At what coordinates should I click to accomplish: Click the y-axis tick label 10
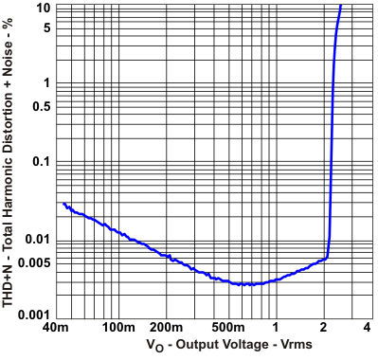(42, 8)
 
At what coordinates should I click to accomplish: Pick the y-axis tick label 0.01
(36, 239)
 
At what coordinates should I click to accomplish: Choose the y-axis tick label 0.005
(32, 262)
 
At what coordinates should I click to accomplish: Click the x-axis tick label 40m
(56, 328)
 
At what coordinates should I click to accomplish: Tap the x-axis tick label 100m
(117, 328)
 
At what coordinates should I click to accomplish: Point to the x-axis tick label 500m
(227, 328)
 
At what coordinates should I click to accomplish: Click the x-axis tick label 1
(276, 328)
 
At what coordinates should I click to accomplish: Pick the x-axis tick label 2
(324, 328)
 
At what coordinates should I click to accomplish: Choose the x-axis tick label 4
(366, 328)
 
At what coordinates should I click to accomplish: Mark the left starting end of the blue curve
(63, 203)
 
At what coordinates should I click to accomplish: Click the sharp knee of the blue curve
(327, 256)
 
